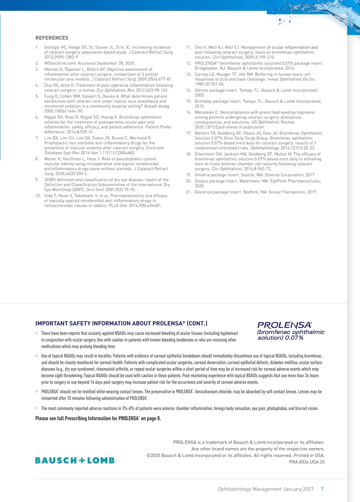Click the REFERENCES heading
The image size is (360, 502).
(x=52, y=38)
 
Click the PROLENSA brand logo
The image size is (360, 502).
(x=290, y=330)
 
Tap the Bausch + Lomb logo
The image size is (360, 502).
(x=75, y=460)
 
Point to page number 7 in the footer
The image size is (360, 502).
(x=322, y=489)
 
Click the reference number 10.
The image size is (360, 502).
(x=38, y=196)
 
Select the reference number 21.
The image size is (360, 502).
(x=188, y=192)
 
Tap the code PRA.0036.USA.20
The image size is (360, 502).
(x=307, y=462)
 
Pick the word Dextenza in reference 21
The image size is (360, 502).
(x=203, y=192)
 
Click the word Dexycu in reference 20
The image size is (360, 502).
(x=202, y=181)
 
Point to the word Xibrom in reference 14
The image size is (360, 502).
(x=202, y=90)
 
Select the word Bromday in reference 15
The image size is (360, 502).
(x=203, y=101)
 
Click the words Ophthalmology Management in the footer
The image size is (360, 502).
(x=250, y=489)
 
